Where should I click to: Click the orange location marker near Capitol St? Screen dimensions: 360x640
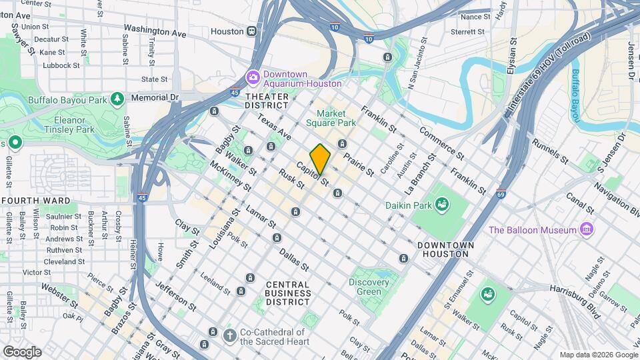click(320, 159)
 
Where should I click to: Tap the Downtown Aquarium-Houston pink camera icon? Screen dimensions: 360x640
click(253, 78)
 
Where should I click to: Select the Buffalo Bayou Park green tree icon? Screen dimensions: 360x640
click(117, 99)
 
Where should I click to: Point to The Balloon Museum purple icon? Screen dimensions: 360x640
click(587, 229)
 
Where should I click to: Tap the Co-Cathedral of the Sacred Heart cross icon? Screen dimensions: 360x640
click(229, 335)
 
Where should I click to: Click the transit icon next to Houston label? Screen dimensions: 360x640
click(252, 31)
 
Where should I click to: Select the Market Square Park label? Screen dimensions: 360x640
click(331, 118)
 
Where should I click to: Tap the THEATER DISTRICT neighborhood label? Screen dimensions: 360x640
click(267, 101)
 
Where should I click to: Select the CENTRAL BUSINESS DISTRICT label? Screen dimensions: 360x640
click(287, 293)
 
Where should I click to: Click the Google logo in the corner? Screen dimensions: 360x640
click(22, 351)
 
